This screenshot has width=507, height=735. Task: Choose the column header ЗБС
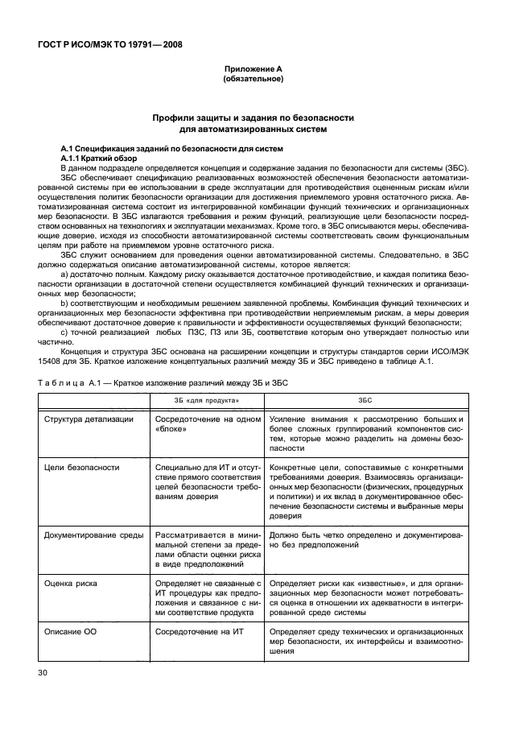(x=365, y=399)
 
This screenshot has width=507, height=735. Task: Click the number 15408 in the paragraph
(x=51, y=361)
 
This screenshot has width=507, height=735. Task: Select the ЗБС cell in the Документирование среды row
(x=365, y=539)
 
